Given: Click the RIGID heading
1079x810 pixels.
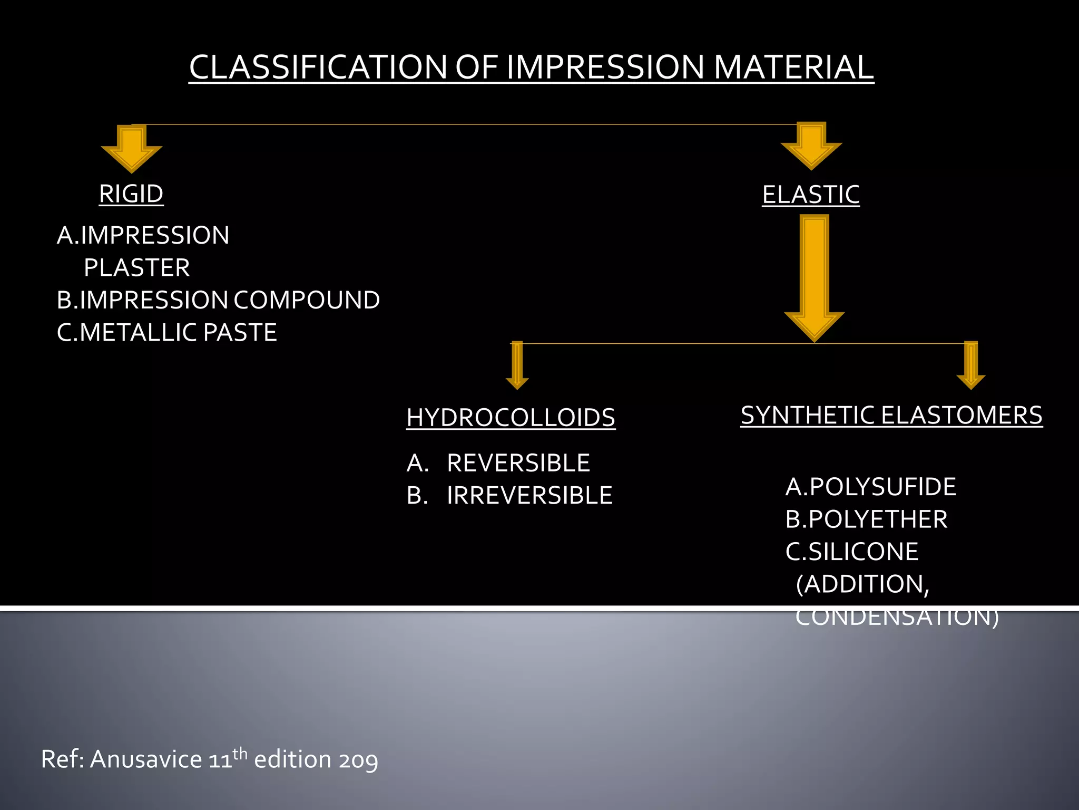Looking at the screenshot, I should (x=131, y=194).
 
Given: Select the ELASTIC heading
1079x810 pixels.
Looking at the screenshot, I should (x=810, y=195).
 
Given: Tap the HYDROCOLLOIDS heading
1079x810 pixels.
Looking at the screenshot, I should (x=511, y=418).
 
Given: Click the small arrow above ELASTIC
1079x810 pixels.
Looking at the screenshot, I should (x=811, y=146).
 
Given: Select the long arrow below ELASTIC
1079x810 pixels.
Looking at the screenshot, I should (x=814, y=277).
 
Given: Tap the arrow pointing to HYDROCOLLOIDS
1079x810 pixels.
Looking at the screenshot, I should (x=517, y=366).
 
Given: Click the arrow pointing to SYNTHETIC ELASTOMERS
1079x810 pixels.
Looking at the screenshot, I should (x=970, y=366).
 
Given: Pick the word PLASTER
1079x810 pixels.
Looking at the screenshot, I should (x=137, y=268).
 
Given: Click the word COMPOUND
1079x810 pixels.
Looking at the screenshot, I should (x=307, y=300).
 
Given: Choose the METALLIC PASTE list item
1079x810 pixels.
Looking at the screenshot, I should (x=167, y=333).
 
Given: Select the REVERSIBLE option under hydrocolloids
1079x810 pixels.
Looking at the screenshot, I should (x=518, y=464).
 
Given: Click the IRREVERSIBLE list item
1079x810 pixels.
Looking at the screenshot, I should (x=529, y=496).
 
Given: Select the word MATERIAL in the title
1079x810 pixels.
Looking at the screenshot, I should (x=793, y=67).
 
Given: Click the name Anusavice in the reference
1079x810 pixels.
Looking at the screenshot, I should (x=146, y=760).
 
